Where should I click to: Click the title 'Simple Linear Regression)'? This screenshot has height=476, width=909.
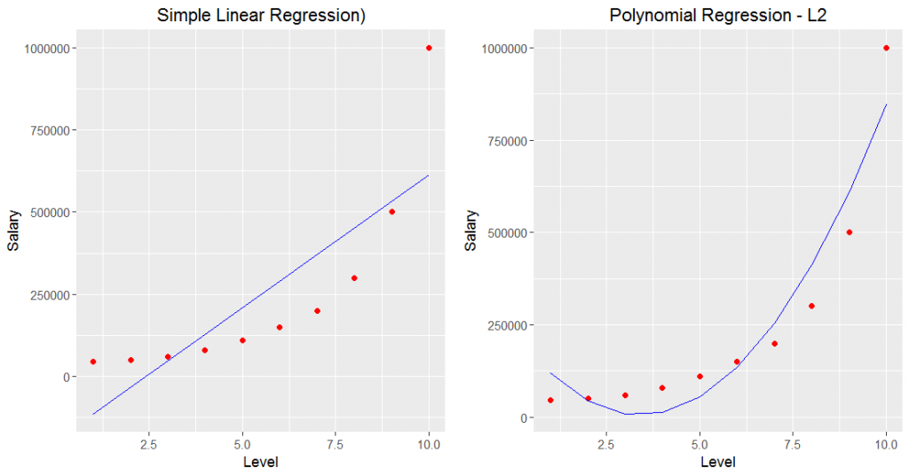coord(261,15)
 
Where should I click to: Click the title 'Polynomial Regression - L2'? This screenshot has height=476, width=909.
coord(718,15)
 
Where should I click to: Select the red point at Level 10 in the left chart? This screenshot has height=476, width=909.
coord(429,48)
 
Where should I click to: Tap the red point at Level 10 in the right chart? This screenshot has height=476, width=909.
coord(886,48)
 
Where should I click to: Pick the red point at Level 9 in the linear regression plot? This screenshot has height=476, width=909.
coord(391,212)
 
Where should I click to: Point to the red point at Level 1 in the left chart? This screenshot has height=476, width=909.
coord(92,362)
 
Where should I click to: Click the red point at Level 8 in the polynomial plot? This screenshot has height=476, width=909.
coord(811,306)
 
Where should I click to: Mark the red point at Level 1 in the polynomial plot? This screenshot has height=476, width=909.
coord(550,400)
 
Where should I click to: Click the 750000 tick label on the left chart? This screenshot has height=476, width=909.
coord(49,130)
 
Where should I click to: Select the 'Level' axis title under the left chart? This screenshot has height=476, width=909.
coord(261,462)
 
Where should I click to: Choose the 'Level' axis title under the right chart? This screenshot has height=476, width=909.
coord(718,462)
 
